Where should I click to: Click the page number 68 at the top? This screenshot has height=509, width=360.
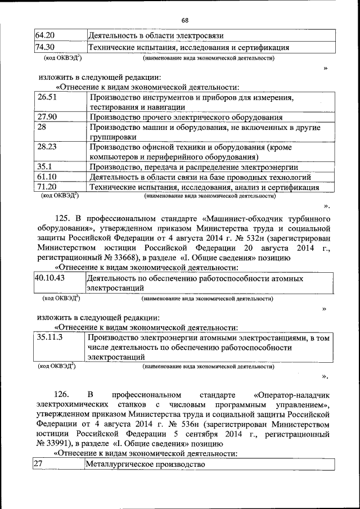(184, 21)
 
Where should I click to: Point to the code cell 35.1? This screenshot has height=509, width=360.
(44, 167)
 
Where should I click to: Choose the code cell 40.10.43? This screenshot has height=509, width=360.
(49, 278)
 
